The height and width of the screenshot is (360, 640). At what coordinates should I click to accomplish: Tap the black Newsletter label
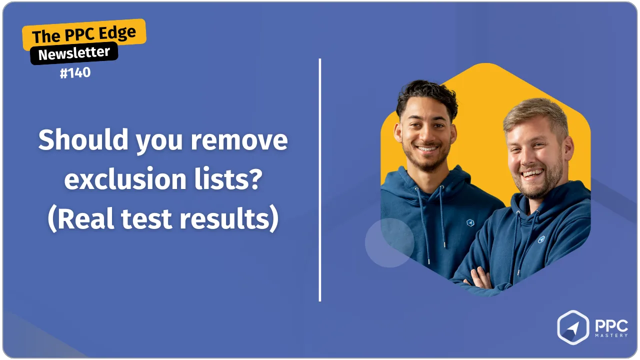[x=74, y=53]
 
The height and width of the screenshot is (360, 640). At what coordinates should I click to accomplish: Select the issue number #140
[x=75, y=72]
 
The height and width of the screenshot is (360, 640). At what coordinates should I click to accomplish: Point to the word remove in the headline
[x=239, y=141]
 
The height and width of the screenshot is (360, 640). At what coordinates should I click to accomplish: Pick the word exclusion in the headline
[x=125, y=179]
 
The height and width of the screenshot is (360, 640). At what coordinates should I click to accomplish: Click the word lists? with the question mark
[x=228, y=179]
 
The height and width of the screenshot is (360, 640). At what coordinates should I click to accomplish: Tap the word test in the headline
[x=146, y=219]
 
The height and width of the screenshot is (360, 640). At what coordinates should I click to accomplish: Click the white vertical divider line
[x=320, y=180]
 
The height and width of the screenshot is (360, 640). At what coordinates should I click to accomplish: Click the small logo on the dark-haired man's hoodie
[x=470, y=222]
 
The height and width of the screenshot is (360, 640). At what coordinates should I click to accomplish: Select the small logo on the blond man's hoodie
[x=541, y=239]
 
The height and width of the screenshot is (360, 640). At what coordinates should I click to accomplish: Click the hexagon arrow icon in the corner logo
[x=573, y=327]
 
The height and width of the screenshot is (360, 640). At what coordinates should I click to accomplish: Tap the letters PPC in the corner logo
[x=611, y=325]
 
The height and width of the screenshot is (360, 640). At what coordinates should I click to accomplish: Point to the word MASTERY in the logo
[x=611, y=335]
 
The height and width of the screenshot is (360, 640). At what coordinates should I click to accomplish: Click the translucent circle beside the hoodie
[x=389, y=243]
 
